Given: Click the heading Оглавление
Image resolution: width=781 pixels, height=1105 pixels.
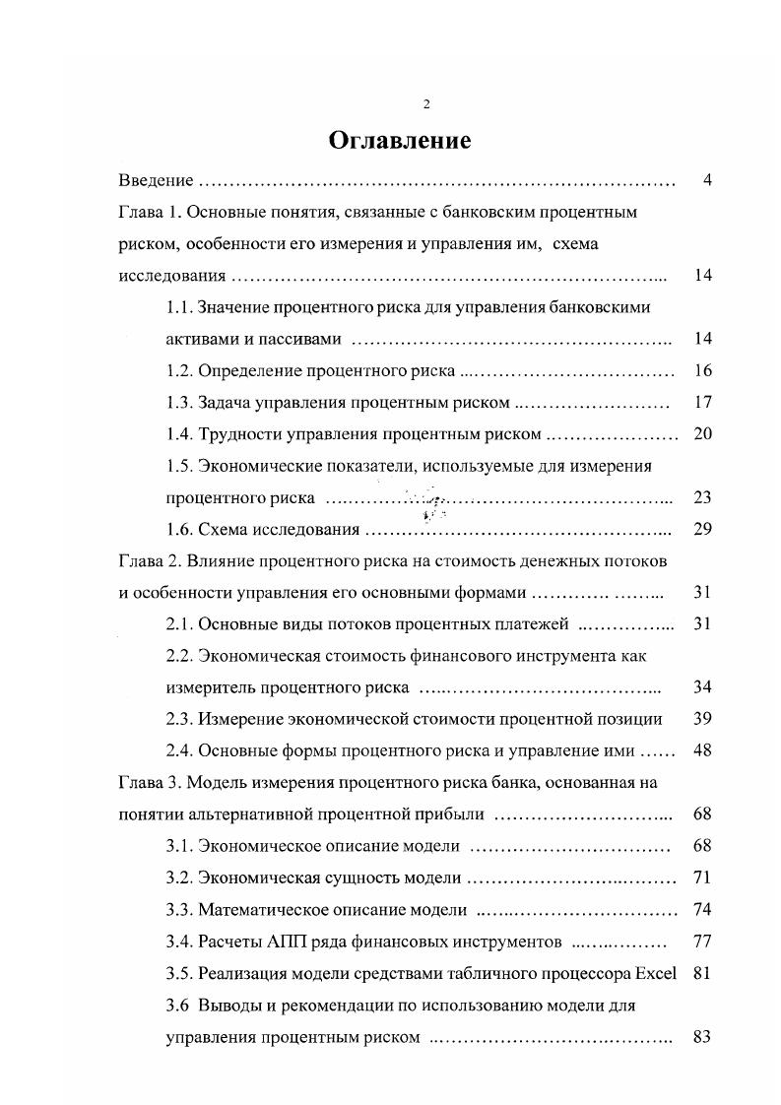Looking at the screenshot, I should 399,141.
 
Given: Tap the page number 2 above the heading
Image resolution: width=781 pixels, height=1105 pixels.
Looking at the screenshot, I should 426,104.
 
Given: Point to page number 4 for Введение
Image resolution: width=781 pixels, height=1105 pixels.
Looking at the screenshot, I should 707,180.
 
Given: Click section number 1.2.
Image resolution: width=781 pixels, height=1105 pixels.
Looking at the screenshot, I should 179,371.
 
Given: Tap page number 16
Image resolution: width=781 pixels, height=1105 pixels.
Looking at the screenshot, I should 702,371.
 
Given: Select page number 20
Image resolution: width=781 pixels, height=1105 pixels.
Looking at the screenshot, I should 702,434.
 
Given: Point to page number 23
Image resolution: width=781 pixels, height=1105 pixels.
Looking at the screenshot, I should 702,497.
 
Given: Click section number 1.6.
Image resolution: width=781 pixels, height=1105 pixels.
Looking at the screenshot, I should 179,529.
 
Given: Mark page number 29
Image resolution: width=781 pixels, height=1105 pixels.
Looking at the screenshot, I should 702,529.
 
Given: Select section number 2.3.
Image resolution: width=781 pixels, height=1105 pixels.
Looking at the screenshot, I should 179,719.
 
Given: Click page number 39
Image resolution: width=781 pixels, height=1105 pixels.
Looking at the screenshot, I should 702,719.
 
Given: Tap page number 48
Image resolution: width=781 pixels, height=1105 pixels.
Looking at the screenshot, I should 702,751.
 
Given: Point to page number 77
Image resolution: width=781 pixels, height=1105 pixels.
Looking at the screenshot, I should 702,942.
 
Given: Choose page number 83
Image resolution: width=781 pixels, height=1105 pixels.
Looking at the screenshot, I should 702,1036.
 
